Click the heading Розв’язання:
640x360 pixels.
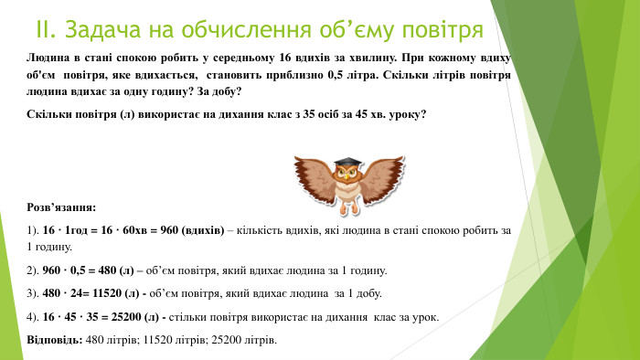[62, 207]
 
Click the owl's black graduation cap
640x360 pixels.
[347, 164]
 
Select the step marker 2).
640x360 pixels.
[34, 270]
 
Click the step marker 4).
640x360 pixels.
[34, 317]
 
